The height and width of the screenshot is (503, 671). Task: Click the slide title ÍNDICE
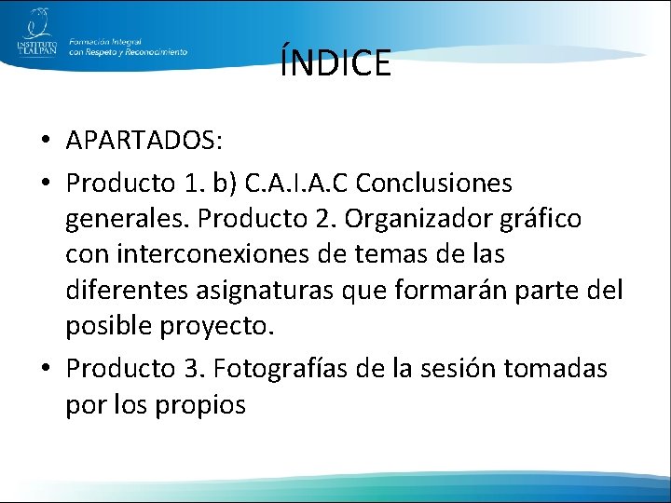335,63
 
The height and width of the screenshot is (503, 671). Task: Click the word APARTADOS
142,142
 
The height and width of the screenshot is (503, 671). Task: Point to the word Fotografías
284,369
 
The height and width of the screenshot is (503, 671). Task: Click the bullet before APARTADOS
46,143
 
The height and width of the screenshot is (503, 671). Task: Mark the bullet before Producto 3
46,370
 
